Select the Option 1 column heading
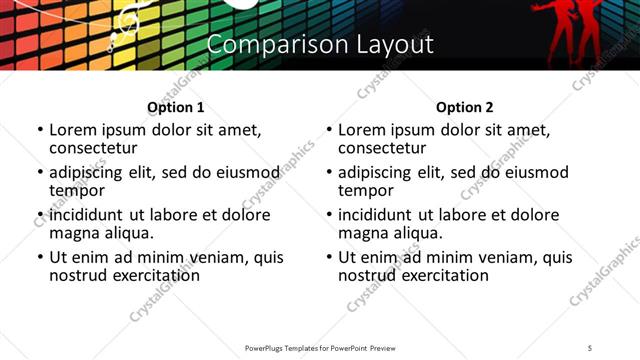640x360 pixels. pyautogui.click(x=175, y=107)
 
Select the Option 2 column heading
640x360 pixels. pyautogui.click(x=464, y=107)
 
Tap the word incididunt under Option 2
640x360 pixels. pyautogui.click(x=380, y=215)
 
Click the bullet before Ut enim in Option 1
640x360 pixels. pyautogui.click(x=40, y=257)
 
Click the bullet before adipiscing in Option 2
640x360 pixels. pyautogui.click(x=329, y=172)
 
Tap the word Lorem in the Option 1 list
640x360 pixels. pyautogui.click(x=72, y=130)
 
